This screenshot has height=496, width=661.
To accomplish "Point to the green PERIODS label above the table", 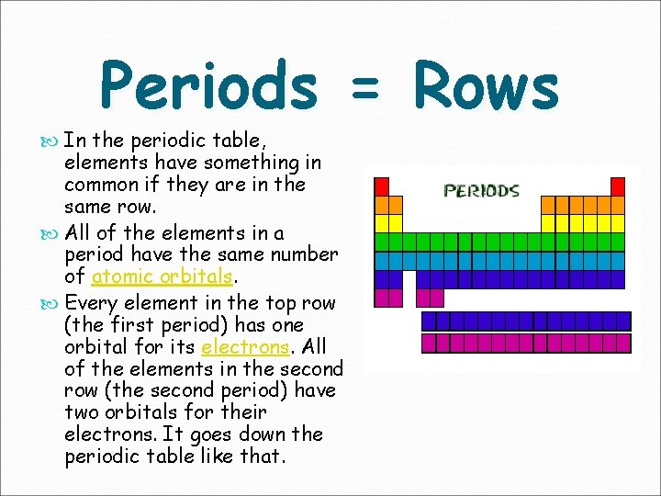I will point(482,191).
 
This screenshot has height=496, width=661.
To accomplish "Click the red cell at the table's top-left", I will point(381,186).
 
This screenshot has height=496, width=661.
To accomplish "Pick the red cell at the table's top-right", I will point(618,186).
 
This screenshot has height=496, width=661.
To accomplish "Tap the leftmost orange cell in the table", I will point(381,205).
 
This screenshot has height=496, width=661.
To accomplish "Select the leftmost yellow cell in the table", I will point(381,223).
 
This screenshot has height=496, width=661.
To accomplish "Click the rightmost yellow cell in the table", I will point(618,223).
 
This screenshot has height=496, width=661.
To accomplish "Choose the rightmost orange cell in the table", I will point(618,205).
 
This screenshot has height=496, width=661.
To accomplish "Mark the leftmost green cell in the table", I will point(381,242).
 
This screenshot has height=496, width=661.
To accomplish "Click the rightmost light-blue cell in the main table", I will point(618,261).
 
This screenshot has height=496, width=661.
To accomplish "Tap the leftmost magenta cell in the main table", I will point(381,298).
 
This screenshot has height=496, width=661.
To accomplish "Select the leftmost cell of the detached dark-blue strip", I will point(428,321).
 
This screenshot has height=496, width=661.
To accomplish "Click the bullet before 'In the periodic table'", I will point(49,141).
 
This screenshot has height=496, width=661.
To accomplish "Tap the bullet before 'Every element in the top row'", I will point(49,304).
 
